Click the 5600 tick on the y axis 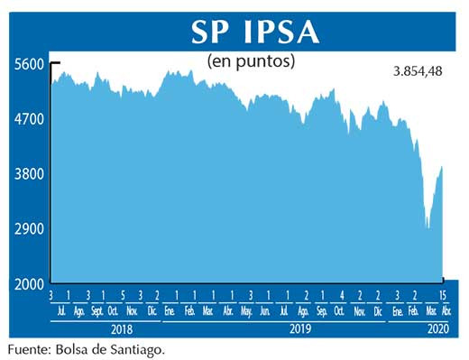(28, 64)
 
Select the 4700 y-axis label (28, 119)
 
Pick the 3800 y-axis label (28, 173)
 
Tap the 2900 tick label (28, 228)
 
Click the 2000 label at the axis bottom (28, 283)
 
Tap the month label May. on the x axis (246, 311)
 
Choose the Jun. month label (264, 311)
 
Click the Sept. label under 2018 (96, 311)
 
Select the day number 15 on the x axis (442, 296)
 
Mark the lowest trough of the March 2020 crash (427, 228)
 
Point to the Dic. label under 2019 (378, 311)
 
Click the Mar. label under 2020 (429, 311)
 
